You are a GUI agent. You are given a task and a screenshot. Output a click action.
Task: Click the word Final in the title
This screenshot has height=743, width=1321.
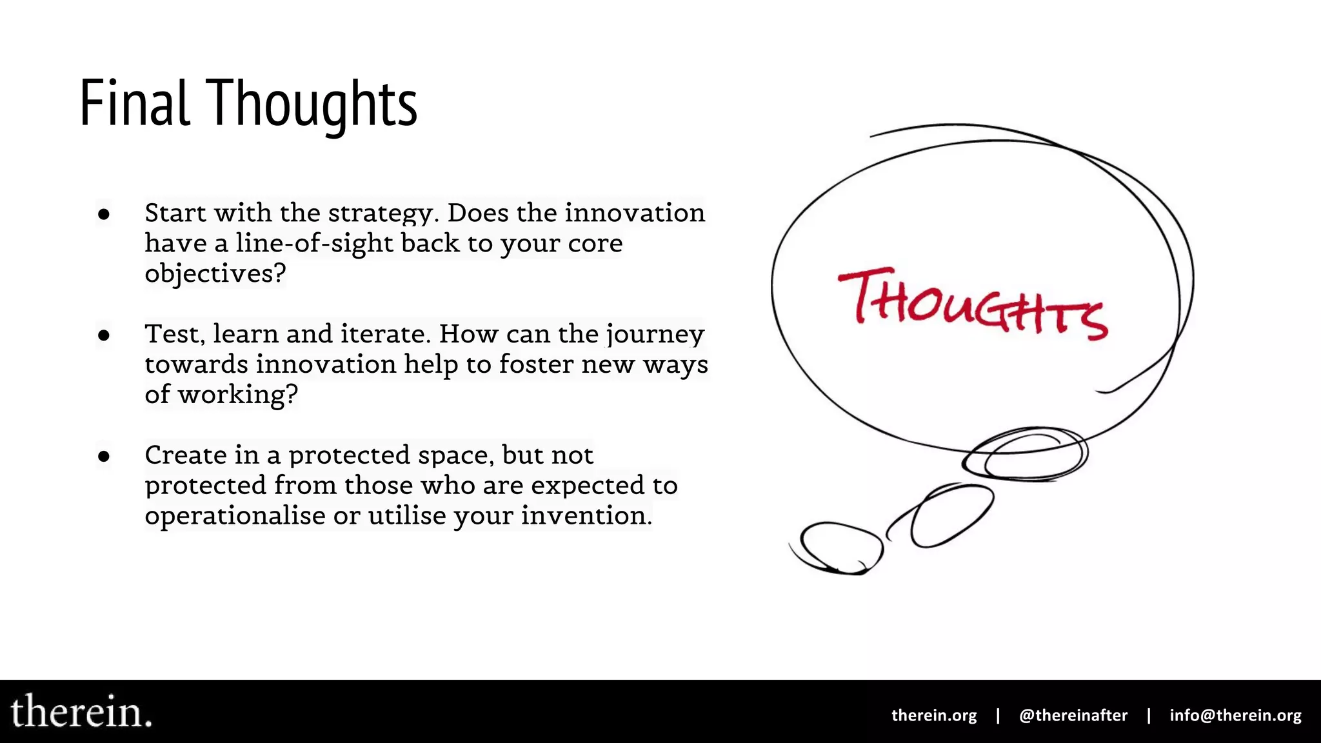click(x=135, y=103)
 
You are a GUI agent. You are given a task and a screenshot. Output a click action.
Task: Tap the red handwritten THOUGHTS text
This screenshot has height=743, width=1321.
click(x=973, y=304)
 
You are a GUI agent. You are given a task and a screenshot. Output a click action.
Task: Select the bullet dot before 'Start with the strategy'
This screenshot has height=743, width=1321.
click(x=104, y=213)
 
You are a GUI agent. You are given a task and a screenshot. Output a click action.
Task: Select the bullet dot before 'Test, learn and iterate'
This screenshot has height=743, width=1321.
click(x=104, y=335)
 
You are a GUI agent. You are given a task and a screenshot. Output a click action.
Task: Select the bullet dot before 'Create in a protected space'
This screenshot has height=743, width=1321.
click(x=104, y=456)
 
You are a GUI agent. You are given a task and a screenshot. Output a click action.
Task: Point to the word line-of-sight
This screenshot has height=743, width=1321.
click(x=314, y=243)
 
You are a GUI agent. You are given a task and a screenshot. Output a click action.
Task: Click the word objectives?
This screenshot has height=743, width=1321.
click(x=215, y=273)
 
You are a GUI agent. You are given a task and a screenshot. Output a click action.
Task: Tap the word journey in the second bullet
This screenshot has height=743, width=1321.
click(x=655, y=335)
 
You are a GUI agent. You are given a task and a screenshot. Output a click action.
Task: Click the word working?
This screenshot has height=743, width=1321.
click(x=238, y=395)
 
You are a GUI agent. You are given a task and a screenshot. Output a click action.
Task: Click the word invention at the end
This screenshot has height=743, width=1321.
click(x=586, y=515)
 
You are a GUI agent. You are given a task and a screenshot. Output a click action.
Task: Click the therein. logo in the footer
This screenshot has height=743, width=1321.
click(x=81, y=711)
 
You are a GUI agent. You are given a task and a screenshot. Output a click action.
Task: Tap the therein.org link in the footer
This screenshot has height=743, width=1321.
click(x=933, y=715)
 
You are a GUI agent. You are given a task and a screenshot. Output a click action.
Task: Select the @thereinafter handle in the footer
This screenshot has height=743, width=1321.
click(x=1073, y=715)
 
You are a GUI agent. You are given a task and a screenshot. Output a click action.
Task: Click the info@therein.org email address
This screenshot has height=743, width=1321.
click(x=1235, y=715)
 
